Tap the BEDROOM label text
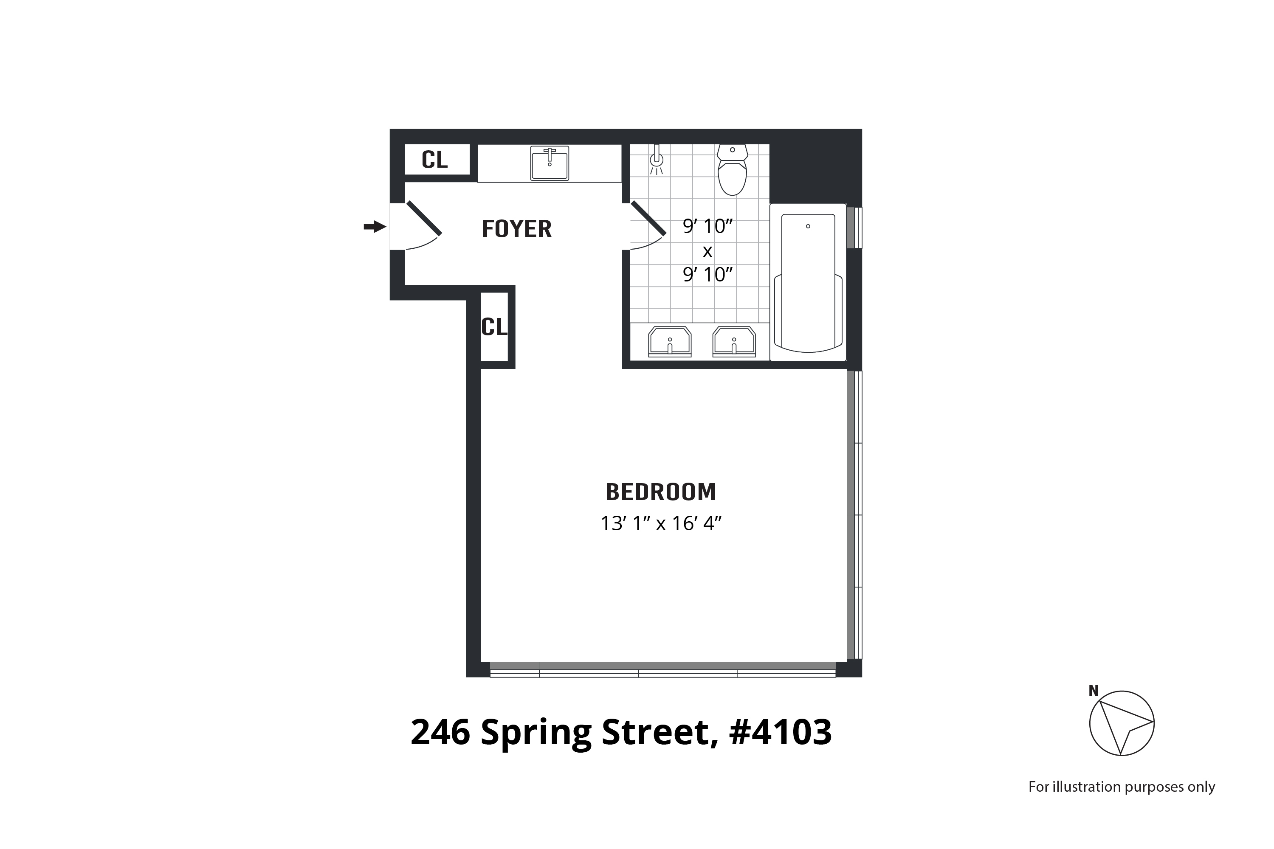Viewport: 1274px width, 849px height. (x=660, y=492)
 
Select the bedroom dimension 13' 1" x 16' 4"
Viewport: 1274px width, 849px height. (x=661, y=523)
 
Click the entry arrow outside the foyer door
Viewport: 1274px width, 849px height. (x=374, y=227)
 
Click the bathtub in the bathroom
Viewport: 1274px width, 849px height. (x=808, y=281)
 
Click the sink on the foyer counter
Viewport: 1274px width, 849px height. (x=549, y=163)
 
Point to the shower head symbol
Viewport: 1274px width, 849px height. (x=657, y=160)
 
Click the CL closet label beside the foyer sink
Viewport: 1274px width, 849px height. (x=434, y=160)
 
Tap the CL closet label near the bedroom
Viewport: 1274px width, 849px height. (x=494, y=327)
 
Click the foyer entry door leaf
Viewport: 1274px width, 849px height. (x=424, y=218)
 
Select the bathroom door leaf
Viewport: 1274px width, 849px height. (x=648, y=219)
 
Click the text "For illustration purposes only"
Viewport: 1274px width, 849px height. (x=1121, y=787)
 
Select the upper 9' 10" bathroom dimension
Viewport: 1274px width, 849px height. (x=707, y=226)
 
